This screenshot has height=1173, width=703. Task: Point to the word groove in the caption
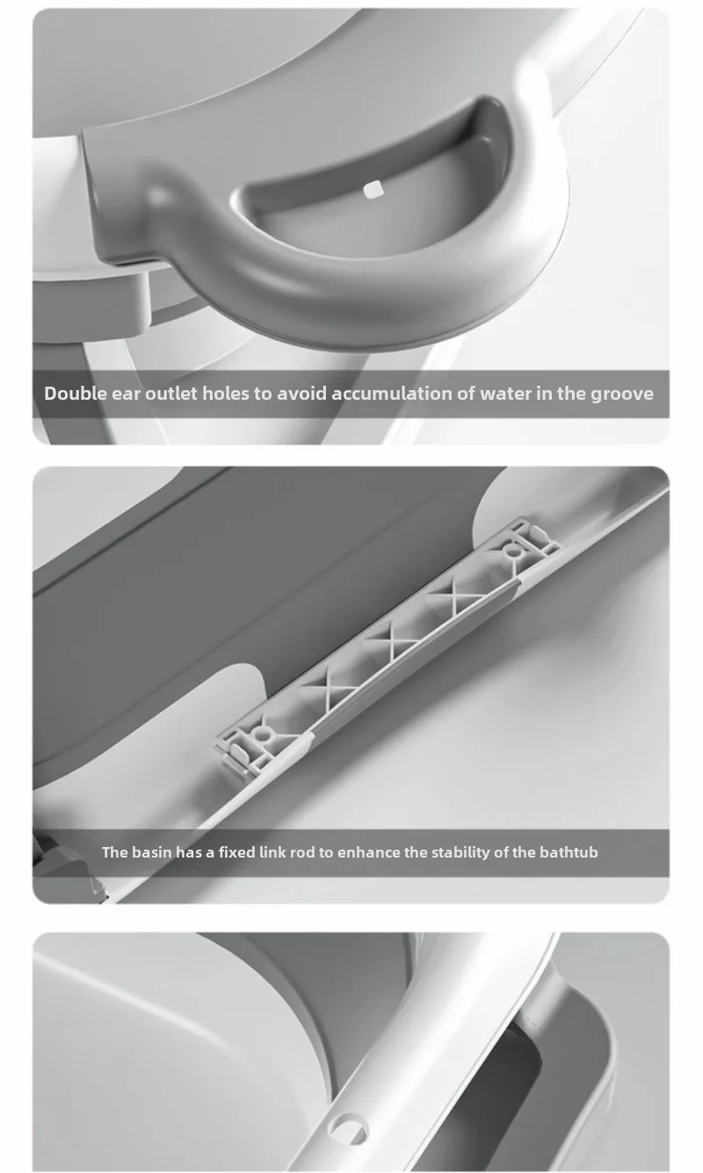tap(622, 395)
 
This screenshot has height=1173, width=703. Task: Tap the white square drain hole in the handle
tap(372, 190)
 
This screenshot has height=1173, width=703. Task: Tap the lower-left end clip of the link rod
tap(246, 746)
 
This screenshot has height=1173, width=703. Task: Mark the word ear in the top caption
tap(126, 395)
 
